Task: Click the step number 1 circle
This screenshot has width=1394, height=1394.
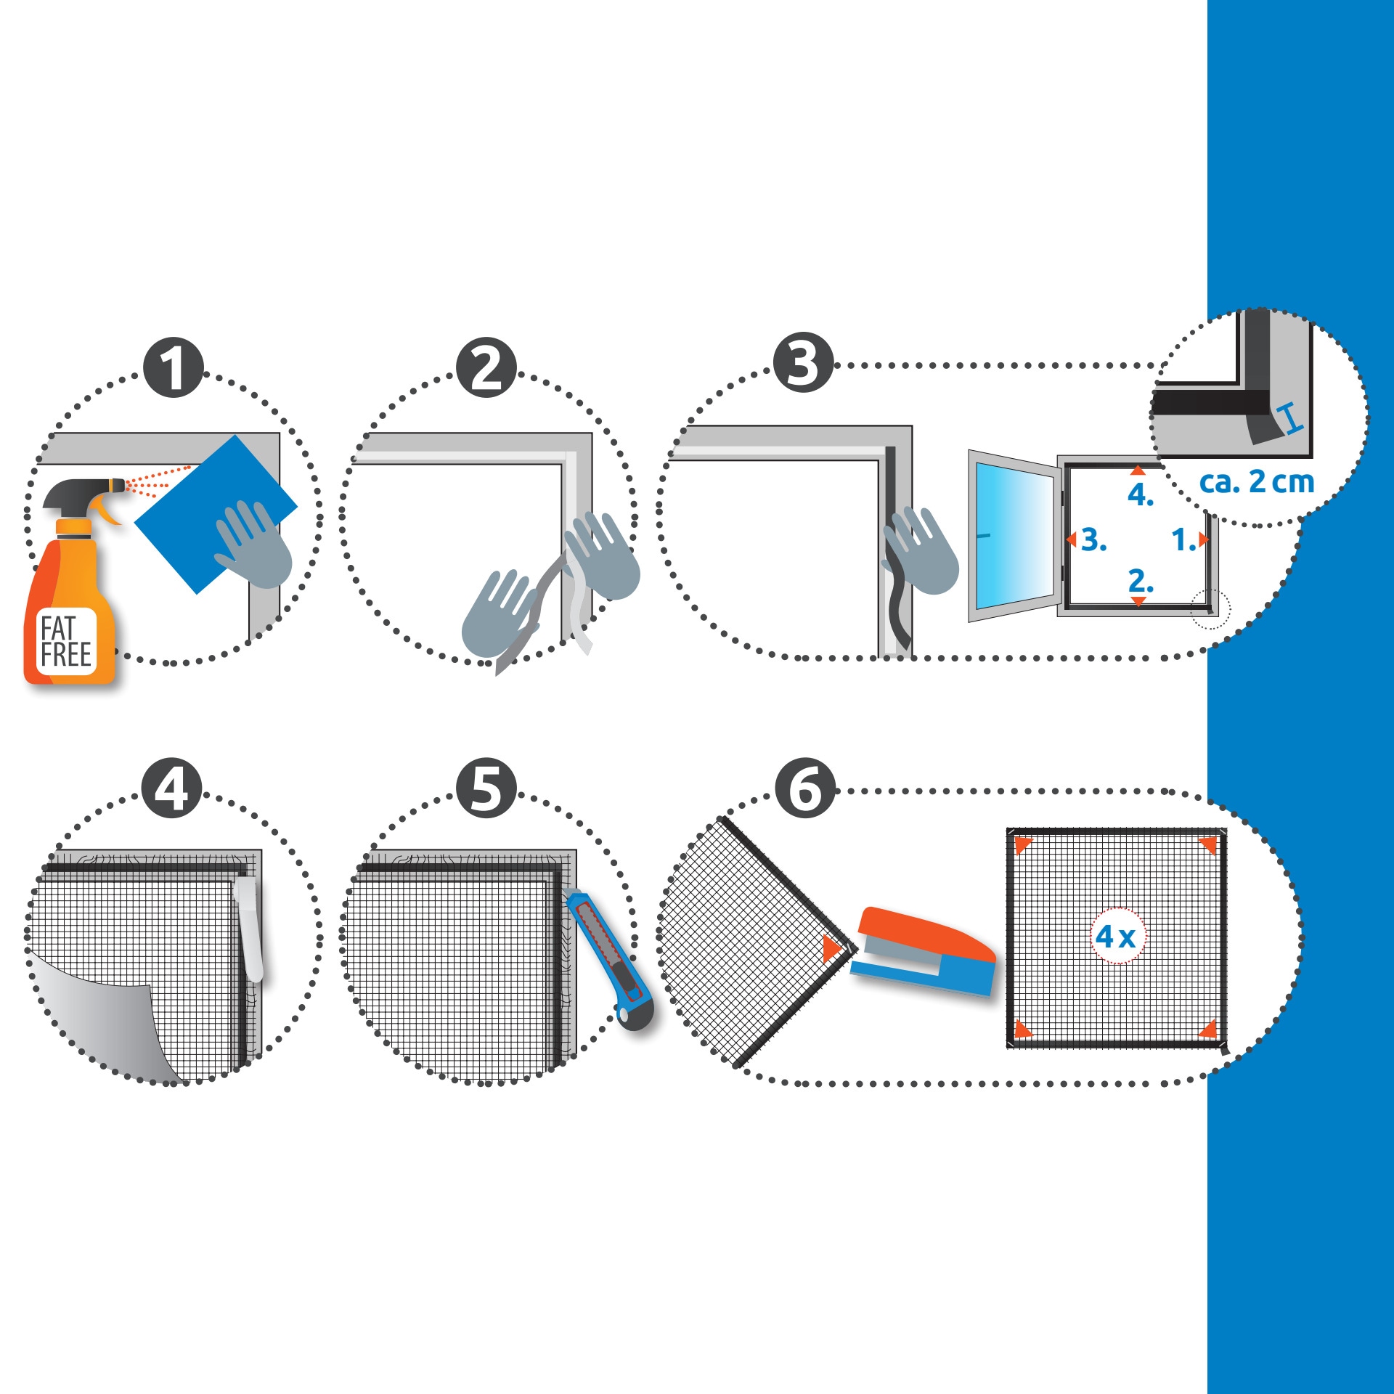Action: pos(174,367)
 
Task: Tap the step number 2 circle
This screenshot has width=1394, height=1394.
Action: pos(486,367)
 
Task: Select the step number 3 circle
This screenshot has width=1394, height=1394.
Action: pos(803,362)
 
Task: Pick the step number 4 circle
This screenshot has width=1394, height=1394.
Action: pos(172,788)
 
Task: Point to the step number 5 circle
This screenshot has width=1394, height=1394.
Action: pos(486,788)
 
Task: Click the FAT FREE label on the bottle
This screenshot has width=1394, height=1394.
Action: pos(66,642)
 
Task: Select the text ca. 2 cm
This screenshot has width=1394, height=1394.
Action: pos(1257,481)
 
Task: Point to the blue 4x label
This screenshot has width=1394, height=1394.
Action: pos(1116,937)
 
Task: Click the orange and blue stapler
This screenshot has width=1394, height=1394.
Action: pos(924,951)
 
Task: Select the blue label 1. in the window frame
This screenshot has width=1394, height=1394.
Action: pos(1183,540)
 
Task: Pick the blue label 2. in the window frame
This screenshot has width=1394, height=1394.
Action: pos(1141,581)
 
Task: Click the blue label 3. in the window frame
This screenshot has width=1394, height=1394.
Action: pos(1094,540)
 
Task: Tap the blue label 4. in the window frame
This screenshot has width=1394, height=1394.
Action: pos(1141,495)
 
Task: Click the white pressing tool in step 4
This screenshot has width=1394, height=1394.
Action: pos(248,929)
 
